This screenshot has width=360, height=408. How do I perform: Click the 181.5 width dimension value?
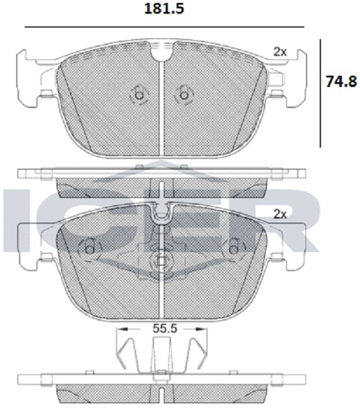164,9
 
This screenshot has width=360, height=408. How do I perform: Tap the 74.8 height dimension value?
341,82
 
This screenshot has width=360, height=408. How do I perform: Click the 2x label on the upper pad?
280,52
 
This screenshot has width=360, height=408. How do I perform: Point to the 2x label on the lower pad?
280,214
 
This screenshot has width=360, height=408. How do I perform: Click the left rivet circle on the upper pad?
139,95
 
